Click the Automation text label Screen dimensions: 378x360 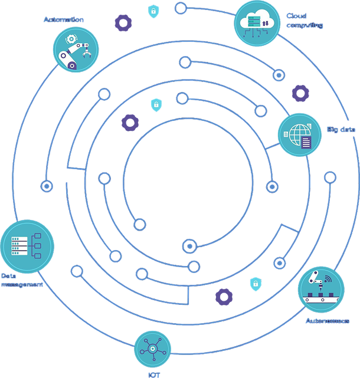[64, 19]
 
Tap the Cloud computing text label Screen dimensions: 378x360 [305, 21]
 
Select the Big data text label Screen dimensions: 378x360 [341, 129]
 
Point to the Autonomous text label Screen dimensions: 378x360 [327, 321]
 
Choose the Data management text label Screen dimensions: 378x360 [22, 280]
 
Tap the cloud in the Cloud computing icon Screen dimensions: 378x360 [257, 20]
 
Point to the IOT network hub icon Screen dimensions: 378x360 [153, 349]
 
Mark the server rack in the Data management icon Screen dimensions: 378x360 [19, 245]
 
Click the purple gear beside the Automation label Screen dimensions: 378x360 [123, 22]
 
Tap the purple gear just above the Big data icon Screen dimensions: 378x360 [300, 93]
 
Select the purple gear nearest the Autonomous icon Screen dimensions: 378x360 [224, 296]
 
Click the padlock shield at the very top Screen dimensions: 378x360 [153, 11]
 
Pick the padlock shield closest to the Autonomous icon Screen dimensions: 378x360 [256, 284]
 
